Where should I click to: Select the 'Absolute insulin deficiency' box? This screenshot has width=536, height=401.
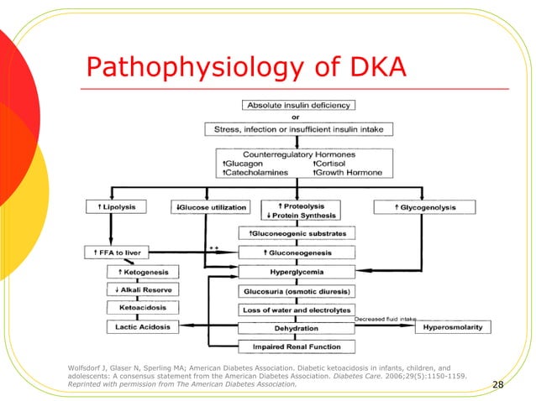[298, 106]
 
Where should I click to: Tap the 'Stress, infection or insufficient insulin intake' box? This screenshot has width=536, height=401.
[298, 129]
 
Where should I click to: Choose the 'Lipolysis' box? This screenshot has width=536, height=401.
[123, 206]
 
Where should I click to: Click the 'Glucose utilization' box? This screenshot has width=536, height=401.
[211, 207]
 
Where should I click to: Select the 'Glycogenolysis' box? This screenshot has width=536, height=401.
[424, 206]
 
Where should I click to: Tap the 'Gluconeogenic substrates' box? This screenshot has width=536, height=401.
[298, 232]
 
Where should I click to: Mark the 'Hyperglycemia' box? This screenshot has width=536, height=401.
[298, 272]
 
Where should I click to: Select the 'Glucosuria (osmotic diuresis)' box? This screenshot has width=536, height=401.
[298, 291]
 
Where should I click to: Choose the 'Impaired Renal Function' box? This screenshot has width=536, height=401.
[298, 346]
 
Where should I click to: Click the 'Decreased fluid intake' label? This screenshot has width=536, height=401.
[384, 319]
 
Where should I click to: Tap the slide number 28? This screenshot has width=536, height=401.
[497, 384]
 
